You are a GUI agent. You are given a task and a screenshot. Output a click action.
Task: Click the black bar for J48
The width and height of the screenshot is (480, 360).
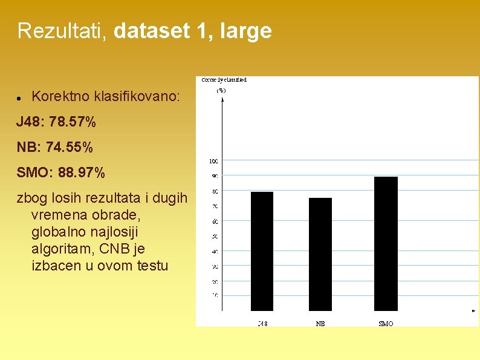(262, 251)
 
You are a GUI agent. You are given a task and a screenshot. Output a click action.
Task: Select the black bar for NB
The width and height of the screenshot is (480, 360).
(320, 254)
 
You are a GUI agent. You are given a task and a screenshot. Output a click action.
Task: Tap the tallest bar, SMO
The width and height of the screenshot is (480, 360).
(386, 243)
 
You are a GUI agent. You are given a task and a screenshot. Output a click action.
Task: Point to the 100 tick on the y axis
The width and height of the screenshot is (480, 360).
(213, 161)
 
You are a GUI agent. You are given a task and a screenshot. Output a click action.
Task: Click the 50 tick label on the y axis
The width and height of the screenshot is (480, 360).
(214, 236)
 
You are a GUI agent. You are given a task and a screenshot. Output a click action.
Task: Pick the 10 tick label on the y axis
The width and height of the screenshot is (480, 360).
(214, 296)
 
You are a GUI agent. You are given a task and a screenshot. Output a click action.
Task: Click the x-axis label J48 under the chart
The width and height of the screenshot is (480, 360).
(262, 324)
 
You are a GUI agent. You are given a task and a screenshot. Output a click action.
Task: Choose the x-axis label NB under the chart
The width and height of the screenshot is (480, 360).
(320, 324)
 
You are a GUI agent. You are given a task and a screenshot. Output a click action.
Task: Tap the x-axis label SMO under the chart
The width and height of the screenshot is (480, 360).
(386, 324)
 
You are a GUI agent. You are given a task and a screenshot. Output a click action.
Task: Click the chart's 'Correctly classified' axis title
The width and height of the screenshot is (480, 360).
(224, 80)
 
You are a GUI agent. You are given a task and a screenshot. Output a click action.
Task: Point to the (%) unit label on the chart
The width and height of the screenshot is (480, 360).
(221, 90)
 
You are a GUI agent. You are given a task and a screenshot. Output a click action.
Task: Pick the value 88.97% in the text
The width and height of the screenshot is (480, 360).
(82, 173)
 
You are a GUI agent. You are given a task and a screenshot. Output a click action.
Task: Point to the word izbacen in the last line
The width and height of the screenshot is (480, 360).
(53, 266)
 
